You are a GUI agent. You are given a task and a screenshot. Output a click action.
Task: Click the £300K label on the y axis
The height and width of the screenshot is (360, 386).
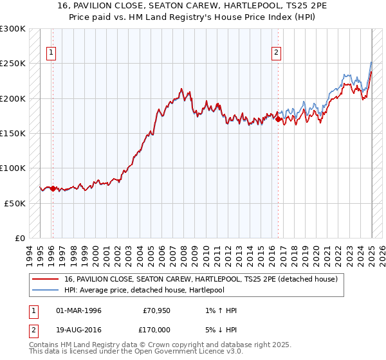click(x=13, y=29)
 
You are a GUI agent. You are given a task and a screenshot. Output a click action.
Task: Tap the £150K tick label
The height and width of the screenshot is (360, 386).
click(x=13, y=133)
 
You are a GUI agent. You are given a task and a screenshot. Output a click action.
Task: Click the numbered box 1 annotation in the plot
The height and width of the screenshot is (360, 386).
click(x=51, y=53)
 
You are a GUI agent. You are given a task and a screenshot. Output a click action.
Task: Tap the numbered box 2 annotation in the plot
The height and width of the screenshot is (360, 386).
click(x=276, y=53)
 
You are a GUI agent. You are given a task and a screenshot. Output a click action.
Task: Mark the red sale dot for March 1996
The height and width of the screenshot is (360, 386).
click(x=53, y=189)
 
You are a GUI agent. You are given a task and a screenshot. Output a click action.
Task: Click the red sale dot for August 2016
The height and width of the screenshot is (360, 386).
click(x=278, y=119)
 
